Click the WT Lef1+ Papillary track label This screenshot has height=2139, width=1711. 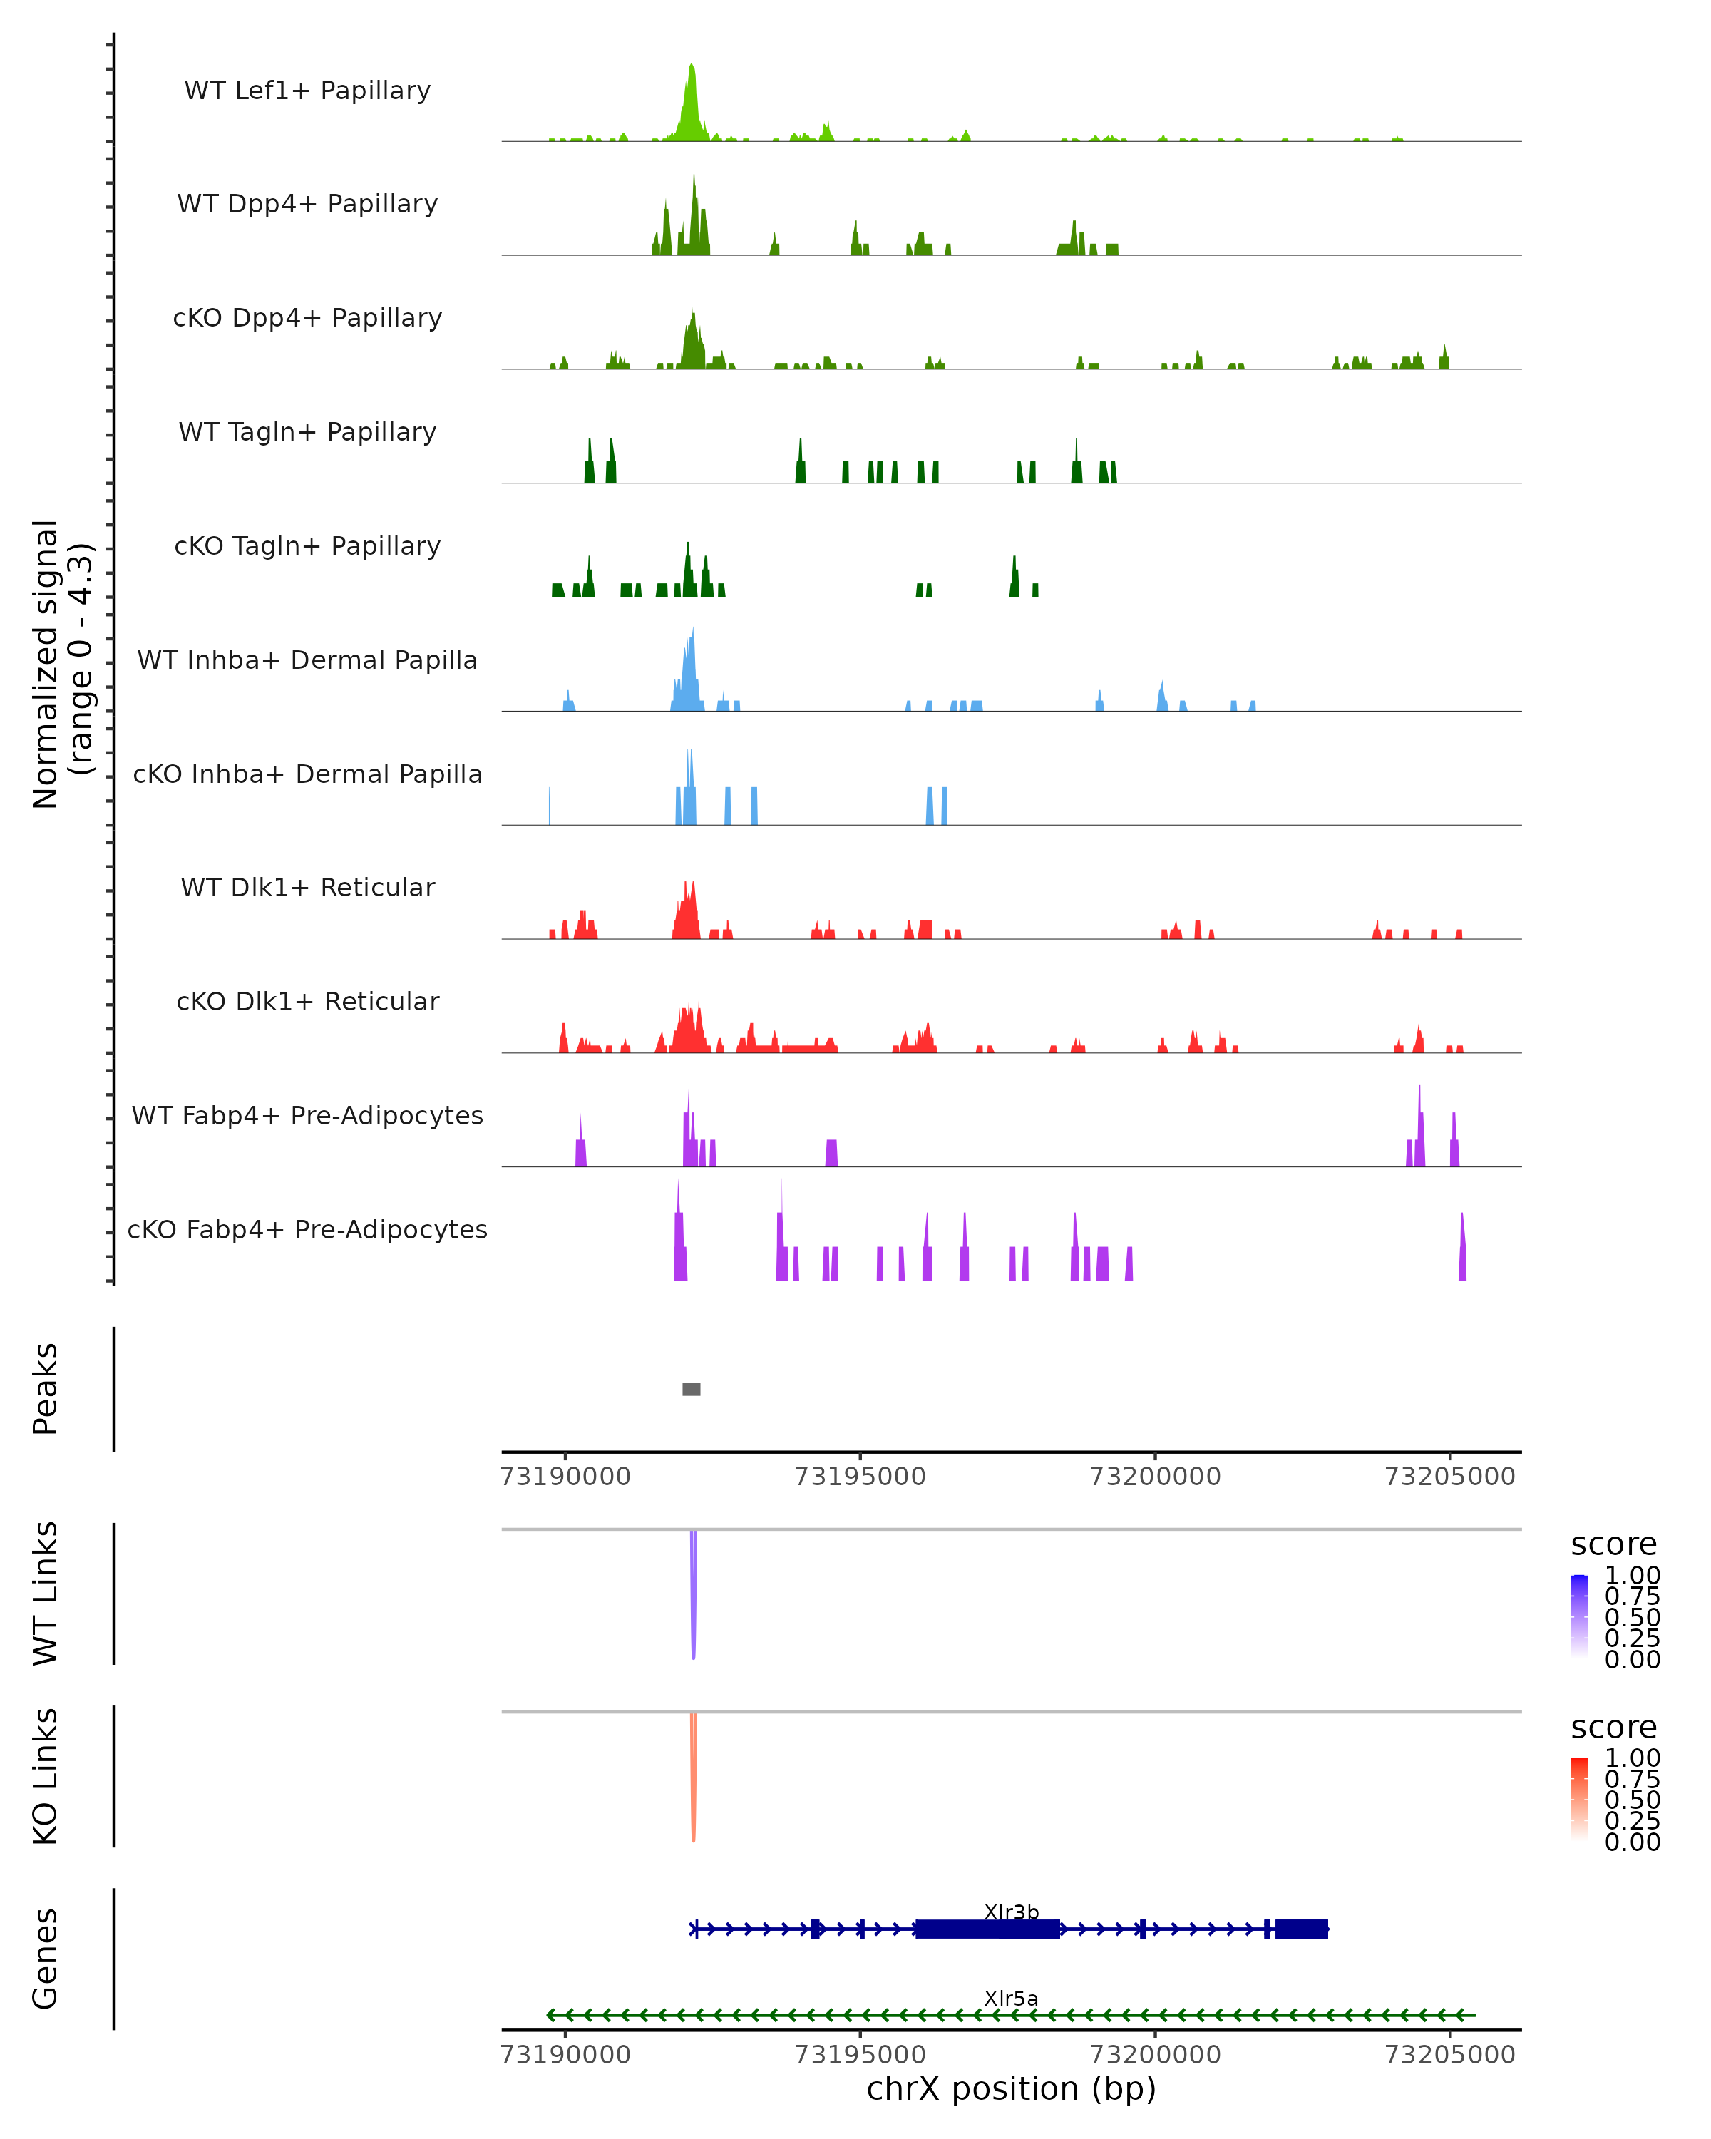(307, 91)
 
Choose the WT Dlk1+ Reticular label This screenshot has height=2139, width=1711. (307, 887)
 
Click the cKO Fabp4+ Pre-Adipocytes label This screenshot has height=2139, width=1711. (307, 1229)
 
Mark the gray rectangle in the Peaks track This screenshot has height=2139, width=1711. (692, 1389)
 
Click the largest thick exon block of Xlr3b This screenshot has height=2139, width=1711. (987, 1929)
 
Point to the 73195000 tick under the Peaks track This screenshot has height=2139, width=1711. (860, 1477)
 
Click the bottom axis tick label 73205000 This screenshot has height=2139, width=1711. (1449, 2055)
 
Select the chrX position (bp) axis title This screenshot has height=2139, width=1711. (1011, 2089)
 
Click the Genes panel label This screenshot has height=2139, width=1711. (46, 1959)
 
